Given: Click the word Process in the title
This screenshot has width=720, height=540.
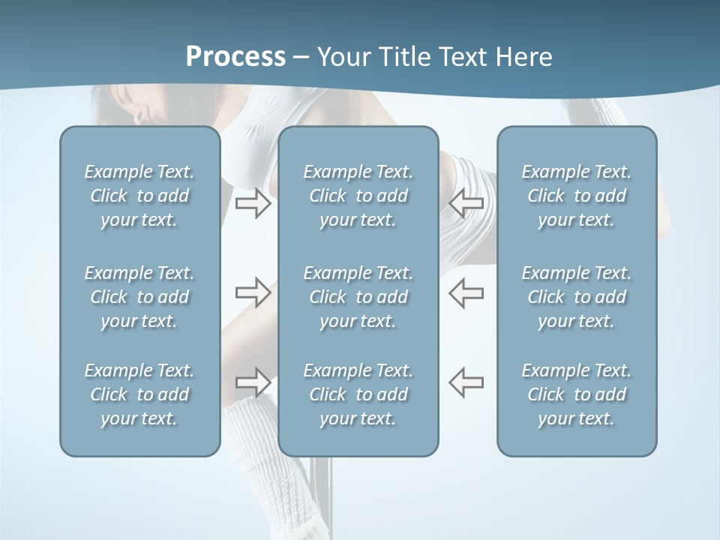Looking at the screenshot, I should click(235, 57).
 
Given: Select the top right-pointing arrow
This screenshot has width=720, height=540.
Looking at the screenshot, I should click(253, 202).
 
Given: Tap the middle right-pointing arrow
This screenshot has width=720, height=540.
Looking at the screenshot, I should click(253, 292).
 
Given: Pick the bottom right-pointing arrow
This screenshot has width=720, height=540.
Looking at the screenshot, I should click(253, 382).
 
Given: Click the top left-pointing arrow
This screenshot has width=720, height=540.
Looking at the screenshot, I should click(466, 202).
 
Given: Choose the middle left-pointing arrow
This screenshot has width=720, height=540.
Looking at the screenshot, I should click(466, 292).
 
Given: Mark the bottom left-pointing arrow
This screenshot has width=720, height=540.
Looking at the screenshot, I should click(466, 382).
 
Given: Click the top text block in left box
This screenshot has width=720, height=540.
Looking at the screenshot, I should click(139, 196).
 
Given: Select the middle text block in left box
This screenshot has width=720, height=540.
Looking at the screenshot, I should click(139, 297).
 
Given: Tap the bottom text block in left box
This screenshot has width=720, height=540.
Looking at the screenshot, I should click(139, 394).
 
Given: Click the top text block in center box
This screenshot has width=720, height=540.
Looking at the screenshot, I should click(358, 196).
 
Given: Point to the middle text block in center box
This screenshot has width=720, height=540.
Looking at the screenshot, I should click(358, 297).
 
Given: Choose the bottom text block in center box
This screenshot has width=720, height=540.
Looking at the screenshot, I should click(358, 394).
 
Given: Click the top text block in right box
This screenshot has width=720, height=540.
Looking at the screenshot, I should click(576, 196).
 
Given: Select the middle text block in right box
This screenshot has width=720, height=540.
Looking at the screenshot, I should click(576, 297).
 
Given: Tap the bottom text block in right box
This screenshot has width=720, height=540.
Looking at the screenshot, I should click(576, 394).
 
